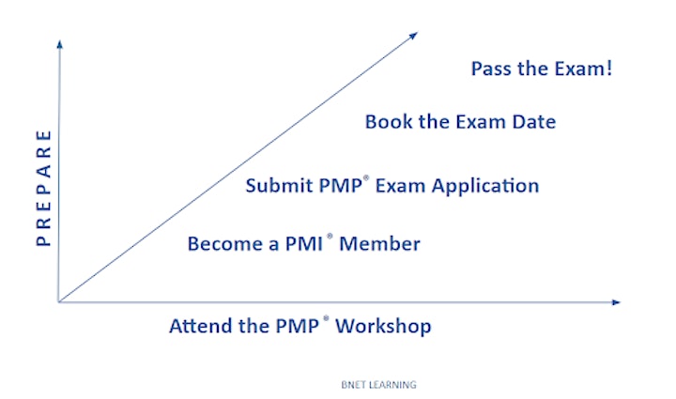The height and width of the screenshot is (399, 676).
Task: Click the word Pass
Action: coord(491,69)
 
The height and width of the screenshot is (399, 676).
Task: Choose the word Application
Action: coord(485,187)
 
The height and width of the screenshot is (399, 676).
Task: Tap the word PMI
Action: coord(304,244)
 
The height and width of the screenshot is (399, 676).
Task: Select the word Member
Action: coord(380,244)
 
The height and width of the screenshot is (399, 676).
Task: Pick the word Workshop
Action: coord(383,327)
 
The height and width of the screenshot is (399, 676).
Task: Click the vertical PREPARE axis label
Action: coord(43,189)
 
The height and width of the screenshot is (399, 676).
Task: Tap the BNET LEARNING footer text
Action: coord(379,385)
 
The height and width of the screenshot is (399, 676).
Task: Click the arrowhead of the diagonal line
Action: coord(414,35)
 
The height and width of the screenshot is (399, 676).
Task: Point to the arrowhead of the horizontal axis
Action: coord(616,302)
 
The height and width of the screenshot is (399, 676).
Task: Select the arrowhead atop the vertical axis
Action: coord(59,44)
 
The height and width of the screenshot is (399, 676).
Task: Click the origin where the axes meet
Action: coord(58,301)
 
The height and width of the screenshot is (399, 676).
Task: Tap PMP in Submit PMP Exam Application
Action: coord(341,186)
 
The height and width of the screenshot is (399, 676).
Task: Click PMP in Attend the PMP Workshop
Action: coord(298,326)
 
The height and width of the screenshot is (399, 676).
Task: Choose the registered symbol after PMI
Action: coord(330,236)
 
